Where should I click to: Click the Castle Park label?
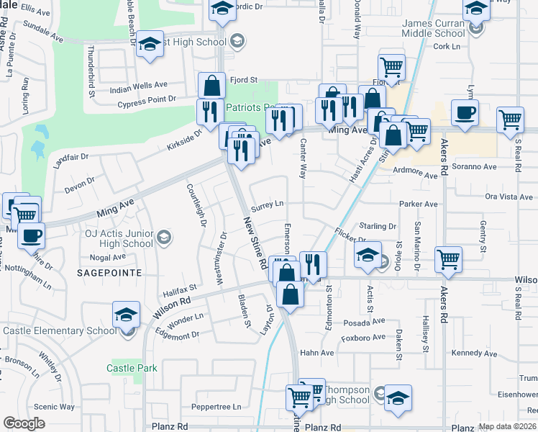point(132,368)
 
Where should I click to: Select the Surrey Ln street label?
point(267,204)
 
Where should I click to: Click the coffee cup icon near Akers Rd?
point(464,112)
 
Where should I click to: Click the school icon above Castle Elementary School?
point(125,315)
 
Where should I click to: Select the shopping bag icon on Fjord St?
point(211,85)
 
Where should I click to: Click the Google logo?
point(24,423)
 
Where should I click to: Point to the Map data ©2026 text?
point(507,426)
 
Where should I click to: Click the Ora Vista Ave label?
point(510,196)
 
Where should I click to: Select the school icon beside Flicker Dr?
point(367,255)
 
